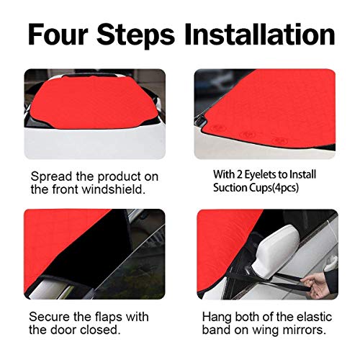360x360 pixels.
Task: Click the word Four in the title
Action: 58,34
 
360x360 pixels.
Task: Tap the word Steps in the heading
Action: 135,36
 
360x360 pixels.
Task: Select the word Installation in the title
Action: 260,34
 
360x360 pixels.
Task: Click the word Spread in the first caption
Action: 51,177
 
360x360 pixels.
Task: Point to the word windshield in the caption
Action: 113,189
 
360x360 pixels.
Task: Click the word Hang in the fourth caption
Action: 217,318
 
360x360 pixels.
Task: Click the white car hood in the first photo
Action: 95,143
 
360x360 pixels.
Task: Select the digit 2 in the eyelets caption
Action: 239,175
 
